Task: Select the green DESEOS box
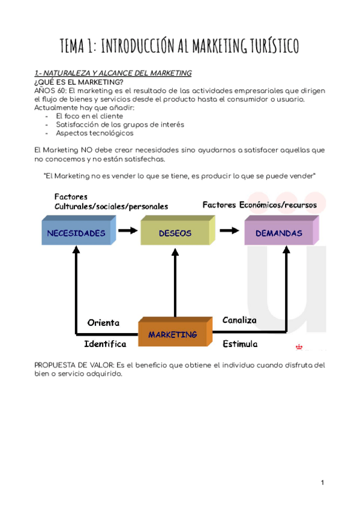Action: [175, 233]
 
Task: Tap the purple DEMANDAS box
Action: [279, 233]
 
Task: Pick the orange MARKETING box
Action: [173, 334]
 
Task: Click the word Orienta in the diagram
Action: [103, 322]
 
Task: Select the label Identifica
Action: [105, 344]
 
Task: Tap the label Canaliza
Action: [239, 320]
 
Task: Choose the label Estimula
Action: [240, 344]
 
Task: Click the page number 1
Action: [322, 483]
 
